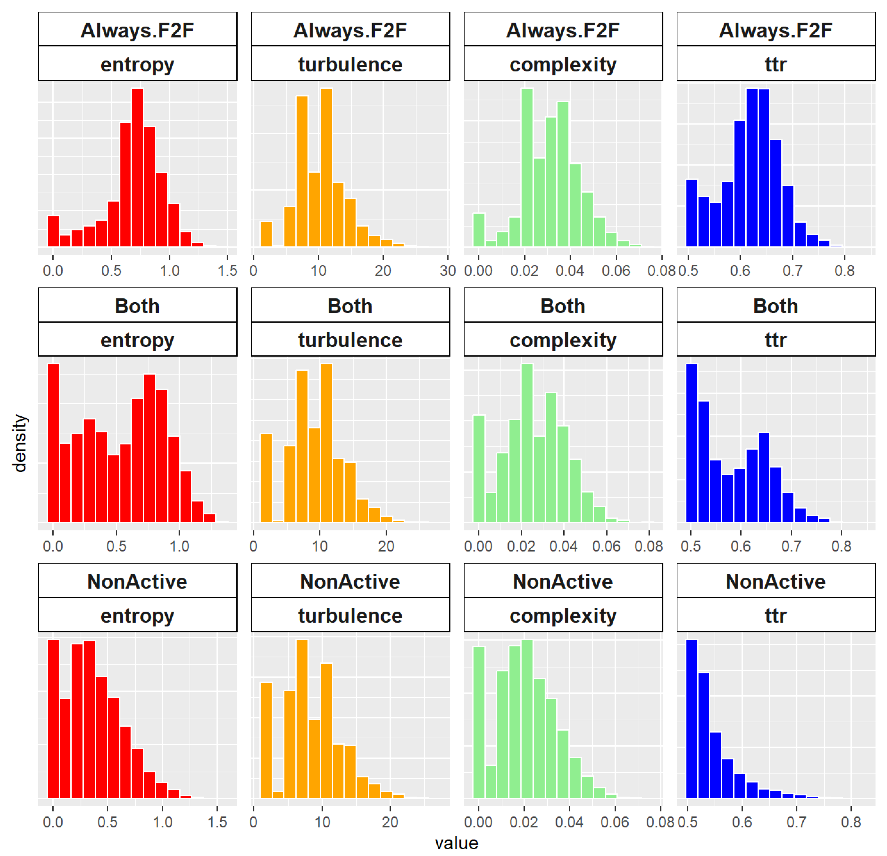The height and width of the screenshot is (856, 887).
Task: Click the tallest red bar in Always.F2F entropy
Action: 138,167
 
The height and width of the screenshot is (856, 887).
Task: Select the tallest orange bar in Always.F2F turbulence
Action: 326,167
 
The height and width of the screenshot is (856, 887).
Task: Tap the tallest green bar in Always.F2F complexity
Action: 527,167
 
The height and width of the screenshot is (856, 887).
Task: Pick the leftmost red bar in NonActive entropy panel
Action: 53,719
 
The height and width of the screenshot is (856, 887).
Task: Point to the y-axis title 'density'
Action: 20,443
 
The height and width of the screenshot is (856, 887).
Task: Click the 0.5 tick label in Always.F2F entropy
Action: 111,271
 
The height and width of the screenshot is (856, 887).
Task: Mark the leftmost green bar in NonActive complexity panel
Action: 479,723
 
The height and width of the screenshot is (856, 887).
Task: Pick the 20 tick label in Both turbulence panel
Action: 386,546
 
